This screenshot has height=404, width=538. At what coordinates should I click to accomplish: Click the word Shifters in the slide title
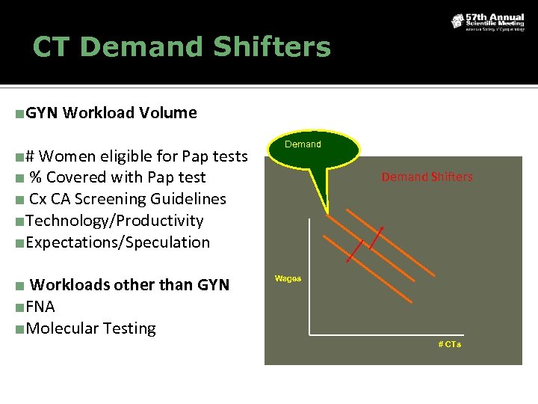pos(271,47)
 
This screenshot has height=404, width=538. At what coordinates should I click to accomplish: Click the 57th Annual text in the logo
pos(494,16)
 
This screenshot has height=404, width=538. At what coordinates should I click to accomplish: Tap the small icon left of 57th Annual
pos(457,21)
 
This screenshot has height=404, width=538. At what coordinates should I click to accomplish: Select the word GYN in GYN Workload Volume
pos(42,113)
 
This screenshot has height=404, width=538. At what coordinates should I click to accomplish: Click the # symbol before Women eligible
pos(30,156)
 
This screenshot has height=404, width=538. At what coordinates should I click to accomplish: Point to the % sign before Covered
pos(35,177)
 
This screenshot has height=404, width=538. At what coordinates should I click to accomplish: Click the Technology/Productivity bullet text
pos(114,221)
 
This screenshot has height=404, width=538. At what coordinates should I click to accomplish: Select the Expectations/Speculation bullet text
pos(117,242)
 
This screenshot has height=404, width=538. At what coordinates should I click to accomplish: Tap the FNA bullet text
pos(40,307)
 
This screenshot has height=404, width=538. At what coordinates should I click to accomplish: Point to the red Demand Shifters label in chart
pos(427,177)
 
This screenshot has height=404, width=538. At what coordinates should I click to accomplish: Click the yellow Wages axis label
pos(288,278)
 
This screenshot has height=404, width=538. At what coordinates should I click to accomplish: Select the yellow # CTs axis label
pos(449,344)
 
